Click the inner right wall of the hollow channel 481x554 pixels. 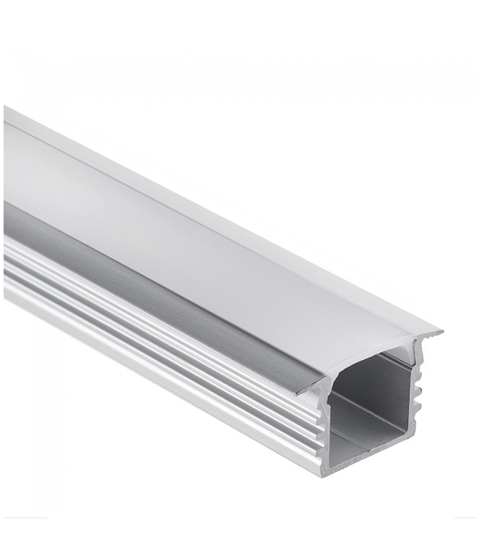pos(404,398)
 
